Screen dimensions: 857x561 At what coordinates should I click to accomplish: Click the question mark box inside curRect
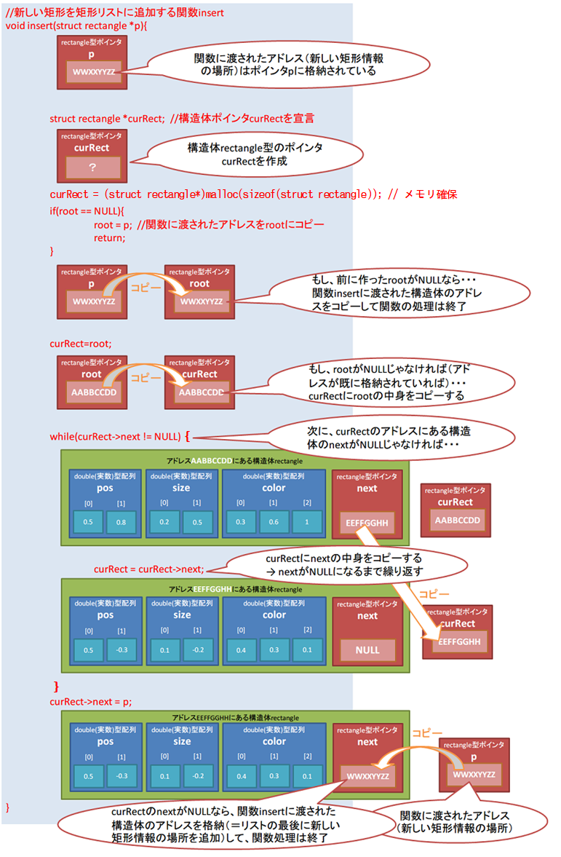tap(92, 167)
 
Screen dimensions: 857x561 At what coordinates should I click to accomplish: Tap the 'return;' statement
tap(109, 237)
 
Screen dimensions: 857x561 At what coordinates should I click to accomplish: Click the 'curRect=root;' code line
tap(81, 342)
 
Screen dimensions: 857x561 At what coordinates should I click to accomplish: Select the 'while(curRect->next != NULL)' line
tap(115, 436)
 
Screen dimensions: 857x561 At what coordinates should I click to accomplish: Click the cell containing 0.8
tap(121, 521)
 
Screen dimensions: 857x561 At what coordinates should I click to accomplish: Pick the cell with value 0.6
tap(274, 521)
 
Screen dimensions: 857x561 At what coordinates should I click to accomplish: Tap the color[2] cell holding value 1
tap(307, 521)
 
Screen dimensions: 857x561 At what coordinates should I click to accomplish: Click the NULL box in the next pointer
tap(367, 649)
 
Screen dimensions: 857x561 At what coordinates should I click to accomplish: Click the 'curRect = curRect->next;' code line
tap(149, 569)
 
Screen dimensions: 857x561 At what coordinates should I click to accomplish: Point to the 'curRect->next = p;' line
tap(91, 701)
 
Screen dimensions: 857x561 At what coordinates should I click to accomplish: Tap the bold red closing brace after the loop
tap(56, 687)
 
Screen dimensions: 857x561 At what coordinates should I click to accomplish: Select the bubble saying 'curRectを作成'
tap(255, 154)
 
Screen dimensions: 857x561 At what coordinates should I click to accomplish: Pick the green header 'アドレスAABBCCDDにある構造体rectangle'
tap(234, 460)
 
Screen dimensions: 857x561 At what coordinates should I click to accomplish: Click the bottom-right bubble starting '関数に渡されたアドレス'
tap(463, 821)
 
